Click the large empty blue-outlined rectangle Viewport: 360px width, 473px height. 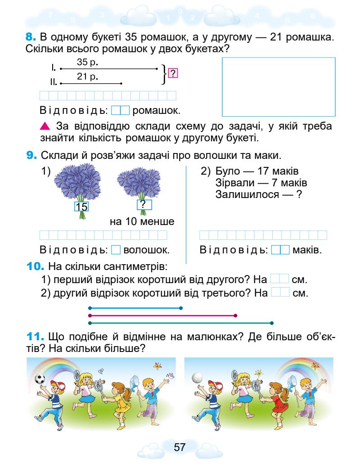click(279, 87)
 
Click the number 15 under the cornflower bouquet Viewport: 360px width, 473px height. click(81, 207)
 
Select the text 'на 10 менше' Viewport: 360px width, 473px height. click(142, 222)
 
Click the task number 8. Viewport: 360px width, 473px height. click(32, 36)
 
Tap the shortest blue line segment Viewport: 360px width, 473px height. click(135, 308)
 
